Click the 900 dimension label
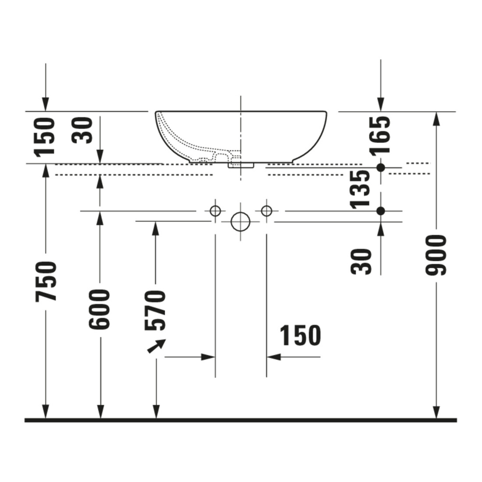coord(436,255)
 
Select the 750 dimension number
coord(46,281)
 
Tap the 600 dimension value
coord(99,309)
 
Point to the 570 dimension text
coord(155,311)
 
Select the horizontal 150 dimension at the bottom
coord(300,335)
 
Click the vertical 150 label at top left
coord(45,136)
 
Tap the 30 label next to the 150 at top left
coord(82,130)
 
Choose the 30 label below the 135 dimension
coord(361,262)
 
